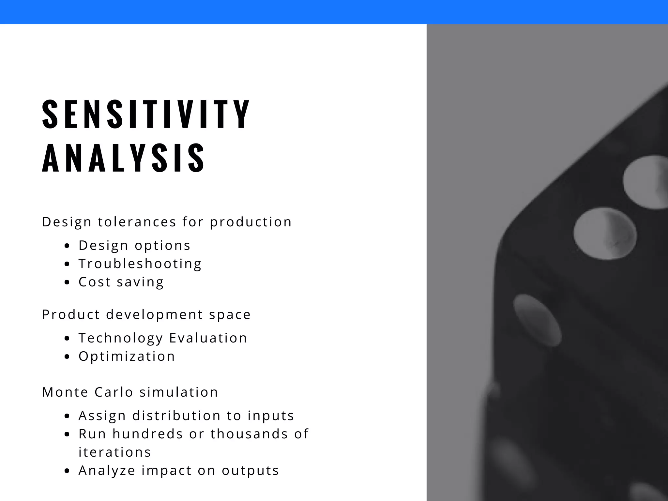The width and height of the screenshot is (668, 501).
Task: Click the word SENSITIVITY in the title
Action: [x=146, y=114]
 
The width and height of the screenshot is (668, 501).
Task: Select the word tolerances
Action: [x=137, y=222]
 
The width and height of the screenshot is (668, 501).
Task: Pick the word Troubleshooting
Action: [x=140, y=264]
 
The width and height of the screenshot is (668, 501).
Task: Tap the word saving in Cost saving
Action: [x=140, y=282]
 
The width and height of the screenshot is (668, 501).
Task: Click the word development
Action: [x=155, y=315]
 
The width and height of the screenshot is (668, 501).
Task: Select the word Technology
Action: [x=120, y=338]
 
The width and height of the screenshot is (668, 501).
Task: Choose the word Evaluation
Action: [x=208, y=338]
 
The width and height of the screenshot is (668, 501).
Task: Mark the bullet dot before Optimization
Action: [x=67, y=357]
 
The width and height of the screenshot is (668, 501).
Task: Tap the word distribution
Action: [x=176, y=416]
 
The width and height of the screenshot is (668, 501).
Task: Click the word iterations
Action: [x=115, y=452]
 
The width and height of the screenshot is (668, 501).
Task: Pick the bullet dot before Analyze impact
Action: [x=67, y=471]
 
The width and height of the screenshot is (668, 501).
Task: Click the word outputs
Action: [x=250, y=471]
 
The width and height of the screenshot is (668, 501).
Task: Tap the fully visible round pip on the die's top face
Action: [x=605, y=234]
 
